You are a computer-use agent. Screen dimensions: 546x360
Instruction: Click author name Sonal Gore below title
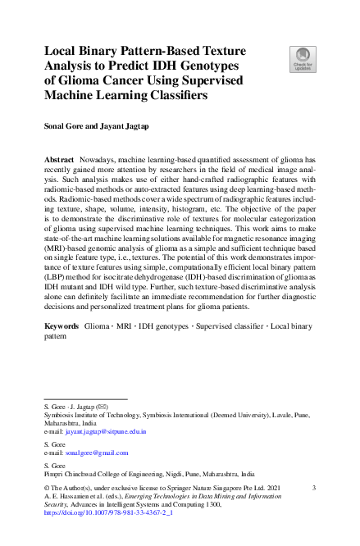tap(65, 127)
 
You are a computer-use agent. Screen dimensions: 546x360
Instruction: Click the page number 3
tap(315, 487)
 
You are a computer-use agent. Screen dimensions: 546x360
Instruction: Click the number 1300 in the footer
tap(243, 506)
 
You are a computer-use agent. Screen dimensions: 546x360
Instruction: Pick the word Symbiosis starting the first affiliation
tap(61, 415)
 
